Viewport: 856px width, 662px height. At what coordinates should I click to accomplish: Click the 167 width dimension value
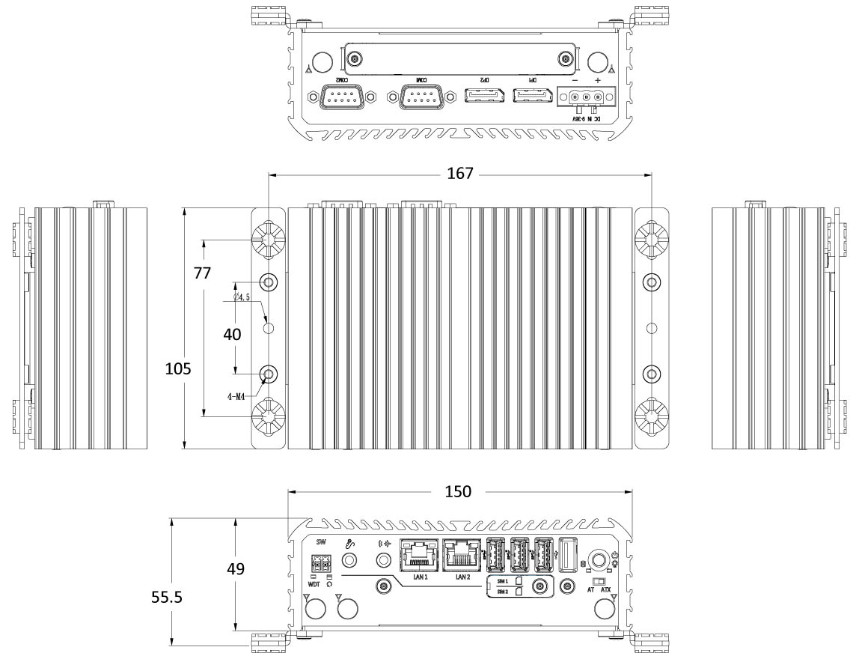tap(459, 174)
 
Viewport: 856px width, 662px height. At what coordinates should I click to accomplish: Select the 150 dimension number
tap(458, 491)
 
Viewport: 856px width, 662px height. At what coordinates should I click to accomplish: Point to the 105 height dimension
tap(179, 368)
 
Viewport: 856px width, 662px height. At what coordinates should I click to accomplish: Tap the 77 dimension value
tap(202, 273)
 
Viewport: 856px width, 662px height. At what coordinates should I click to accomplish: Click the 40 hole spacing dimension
tap(232, 335)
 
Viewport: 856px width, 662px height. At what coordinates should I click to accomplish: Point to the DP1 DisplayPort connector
tap(532, 97)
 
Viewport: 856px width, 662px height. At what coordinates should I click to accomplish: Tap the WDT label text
tap(314, 585)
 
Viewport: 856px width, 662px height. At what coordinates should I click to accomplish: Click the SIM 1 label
tap(501, 581)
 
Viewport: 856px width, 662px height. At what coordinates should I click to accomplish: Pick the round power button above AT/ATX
tap(599, 559)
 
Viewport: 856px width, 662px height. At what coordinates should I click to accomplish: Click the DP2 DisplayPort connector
tap(483, 97)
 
